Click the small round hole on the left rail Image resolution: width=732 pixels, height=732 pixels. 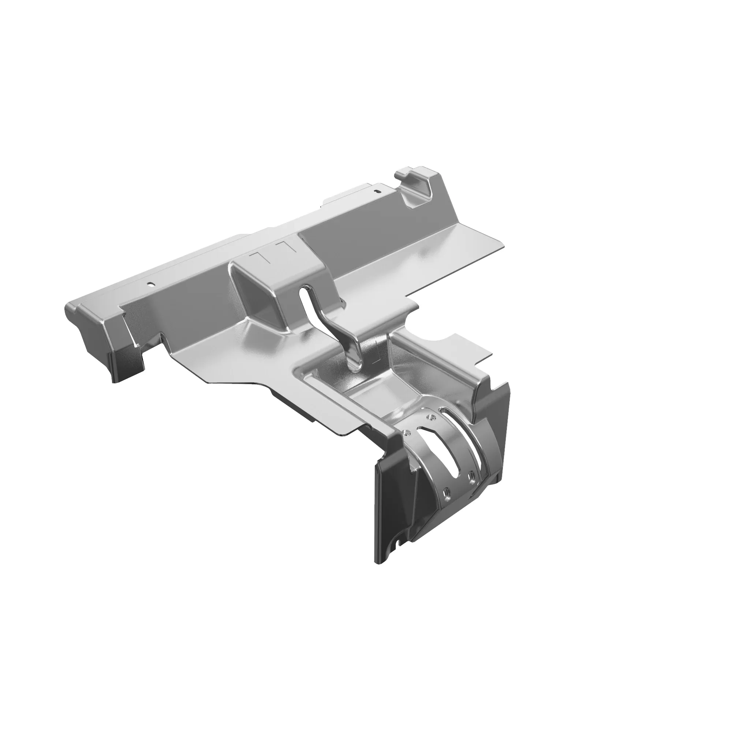pos(151,283)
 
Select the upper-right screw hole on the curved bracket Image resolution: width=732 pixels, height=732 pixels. pos(429,417)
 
